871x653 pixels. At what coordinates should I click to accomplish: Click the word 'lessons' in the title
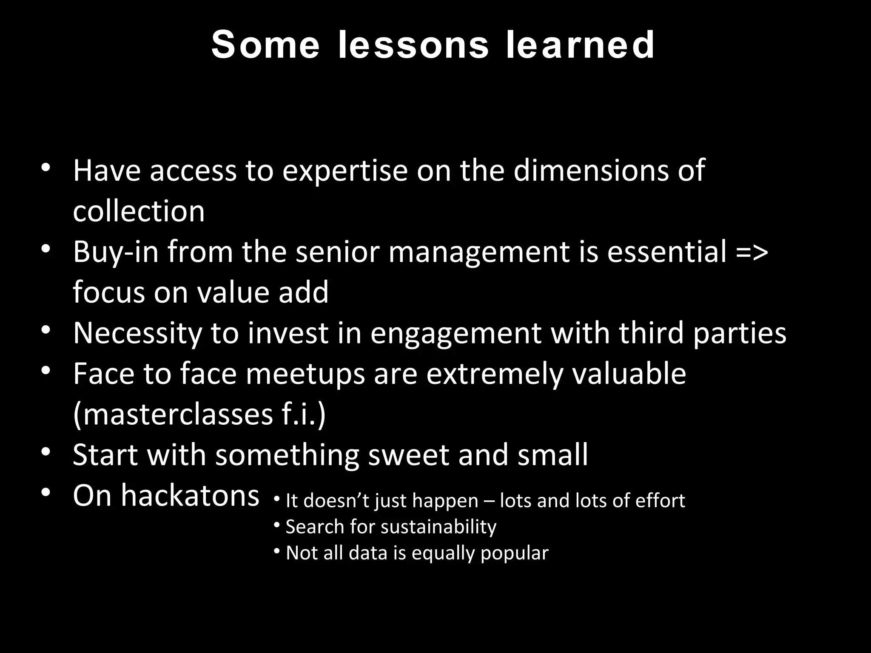tap(413, 45)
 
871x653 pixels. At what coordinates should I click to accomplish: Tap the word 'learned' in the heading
tap(581, 45)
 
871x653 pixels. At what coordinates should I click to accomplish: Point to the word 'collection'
tap(139, 211)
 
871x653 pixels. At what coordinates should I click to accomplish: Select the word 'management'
tap(479, 252)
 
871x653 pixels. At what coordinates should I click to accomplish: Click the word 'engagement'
tap(455, 333)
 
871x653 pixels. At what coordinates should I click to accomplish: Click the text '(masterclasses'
tap(173, 415)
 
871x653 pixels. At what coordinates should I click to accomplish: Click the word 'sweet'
tap(408, 455)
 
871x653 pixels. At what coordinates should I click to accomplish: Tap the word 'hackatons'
tap(190, 496)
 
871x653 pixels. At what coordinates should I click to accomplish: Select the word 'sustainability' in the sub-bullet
tap(438, 527)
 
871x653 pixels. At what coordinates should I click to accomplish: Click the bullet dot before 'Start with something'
tap(46, 452)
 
